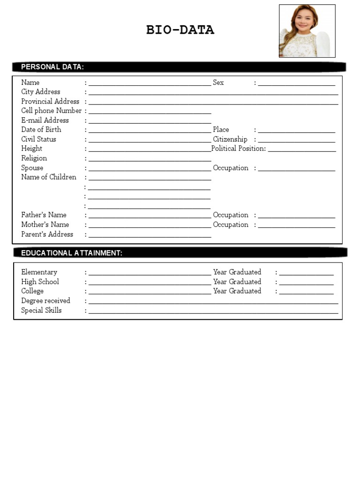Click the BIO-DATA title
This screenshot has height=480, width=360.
[180, 30]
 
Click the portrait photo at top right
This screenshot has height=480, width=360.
[307, 31]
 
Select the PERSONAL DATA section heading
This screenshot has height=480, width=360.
[52, 67]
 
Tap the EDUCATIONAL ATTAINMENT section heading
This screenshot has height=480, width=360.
[72, 253]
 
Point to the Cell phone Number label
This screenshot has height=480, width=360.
[51, 111]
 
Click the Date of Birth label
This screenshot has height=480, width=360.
[41, 129]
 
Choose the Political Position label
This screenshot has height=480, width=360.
[239, 149]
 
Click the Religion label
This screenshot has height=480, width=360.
[34, 158]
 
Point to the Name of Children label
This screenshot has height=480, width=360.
[49, 177]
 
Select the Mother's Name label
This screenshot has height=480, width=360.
[45, 225]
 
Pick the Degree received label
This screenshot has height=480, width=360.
[45, 300]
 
